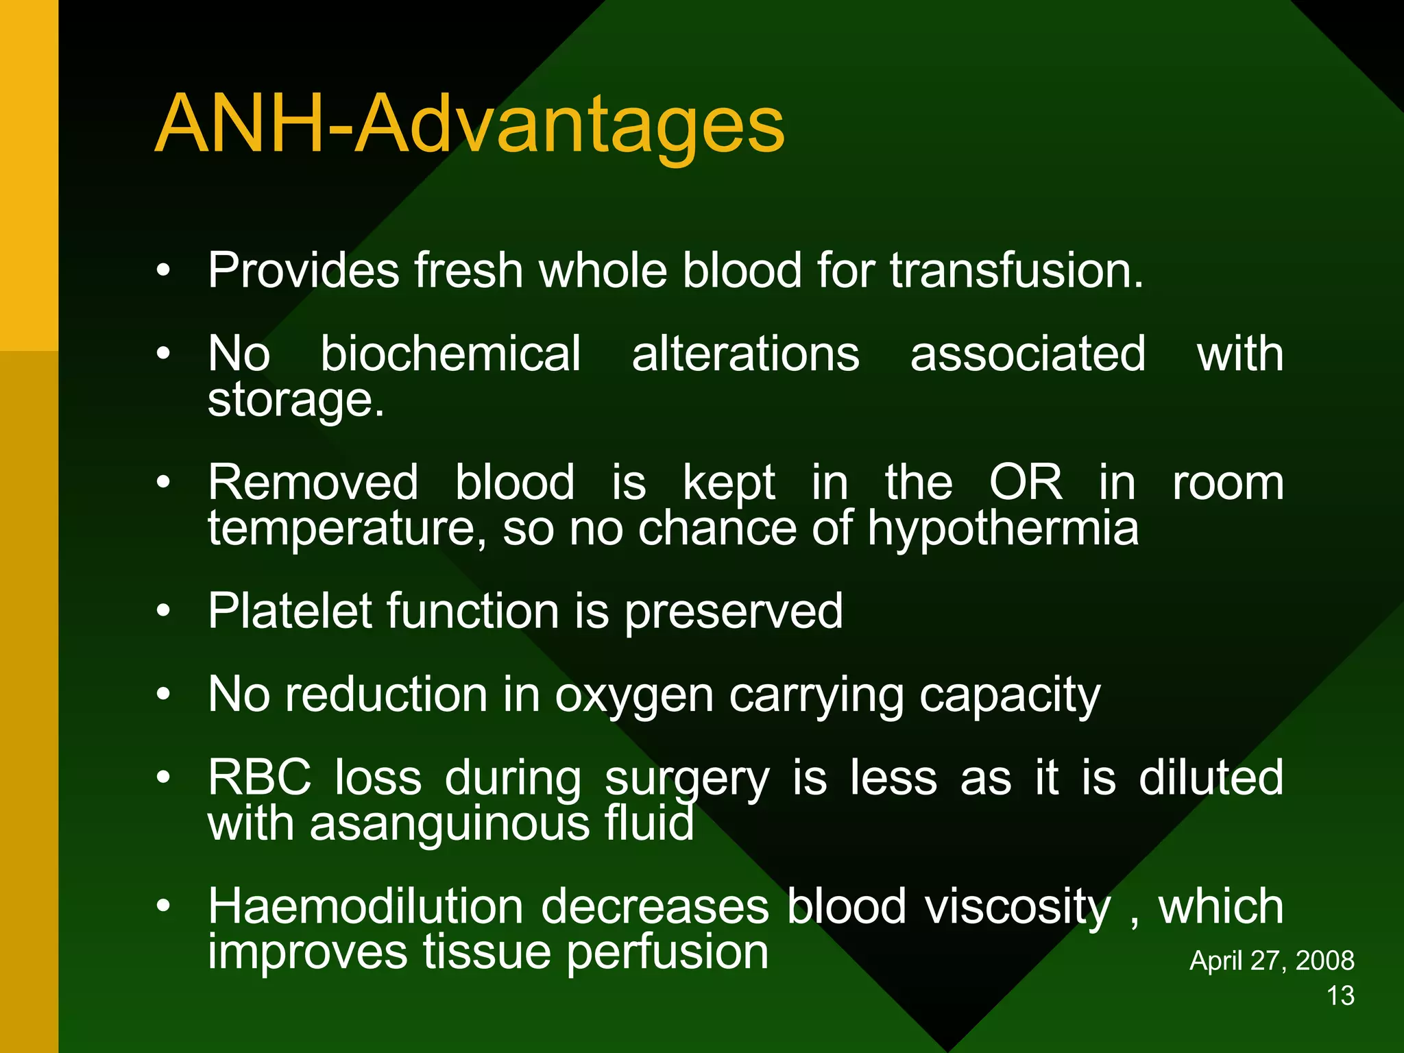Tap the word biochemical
[450, 354]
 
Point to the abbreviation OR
[1026, 483]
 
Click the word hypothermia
[1002, 529]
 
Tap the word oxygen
[634, 697]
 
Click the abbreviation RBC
[259, 778]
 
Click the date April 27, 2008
[1271, 960]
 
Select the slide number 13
[1340, 996]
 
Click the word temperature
[347, 530]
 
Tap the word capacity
[1009, 697]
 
